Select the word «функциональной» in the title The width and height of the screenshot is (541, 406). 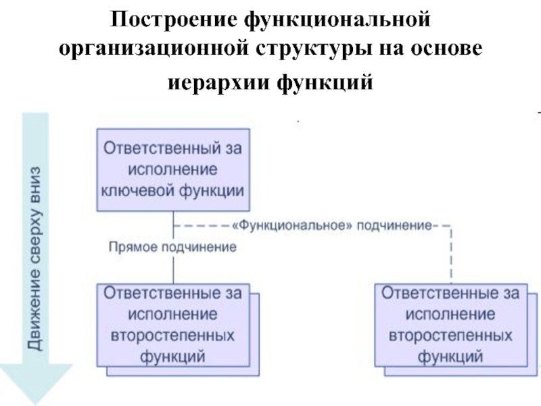(337, 20)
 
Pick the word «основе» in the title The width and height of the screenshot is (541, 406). (446, 48)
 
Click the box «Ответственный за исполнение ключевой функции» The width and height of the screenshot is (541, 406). (173, 170)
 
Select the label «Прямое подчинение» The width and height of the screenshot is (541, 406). (172, 247)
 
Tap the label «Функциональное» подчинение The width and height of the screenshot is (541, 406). (332, 226)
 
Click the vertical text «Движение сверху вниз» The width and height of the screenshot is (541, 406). (35, 258)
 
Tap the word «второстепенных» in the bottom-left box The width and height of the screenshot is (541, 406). (172, 336)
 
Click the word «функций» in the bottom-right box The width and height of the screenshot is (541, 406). (450, 357)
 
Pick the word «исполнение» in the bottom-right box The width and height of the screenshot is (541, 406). (450, 315)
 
